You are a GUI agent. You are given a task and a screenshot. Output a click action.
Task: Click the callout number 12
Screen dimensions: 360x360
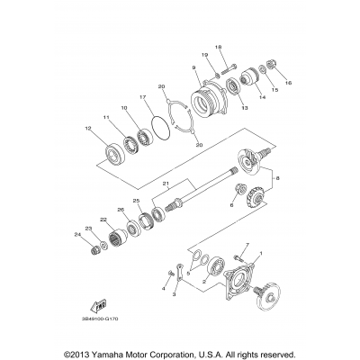(87, 129)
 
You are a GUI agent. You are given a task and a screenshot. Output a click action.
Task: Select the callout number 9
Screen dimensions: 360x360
(193, 67)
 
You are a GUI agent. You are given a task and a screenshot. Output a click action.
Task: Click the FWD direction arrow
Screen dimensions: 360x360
(85, 306)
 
